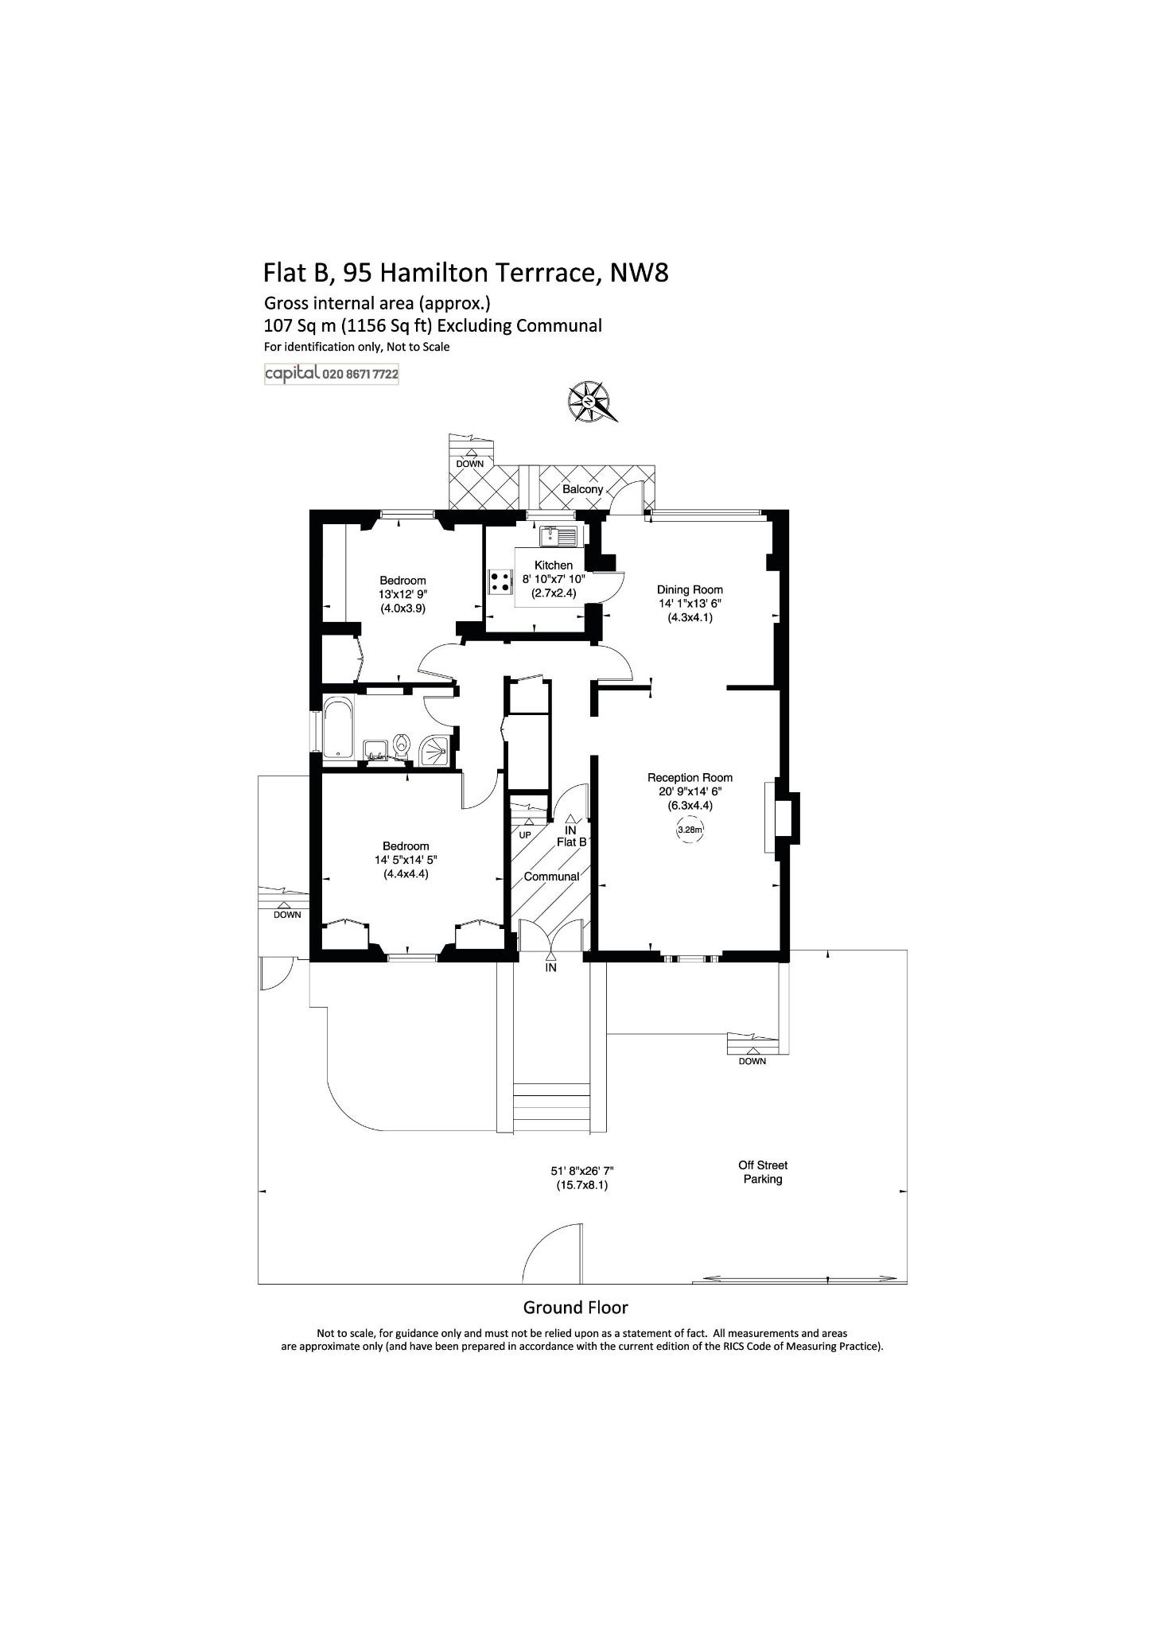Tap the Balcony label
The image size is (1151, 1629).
tap(582, 489)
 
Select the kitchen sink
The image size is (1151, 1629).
tap(558, 536)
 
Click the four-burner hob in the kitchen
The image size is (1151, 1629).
tap(500, 581)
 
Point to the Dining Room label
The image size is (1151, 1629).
tap(690, 589)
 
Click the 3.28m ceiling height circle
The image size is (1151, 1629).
tap(690, 830)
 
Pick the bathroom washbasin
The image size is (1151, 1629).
tap(375, 749)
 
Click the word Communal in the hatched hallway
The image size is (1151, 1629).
tap(551, 877)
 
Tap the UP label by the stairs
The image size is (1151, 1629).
tap(525, 835)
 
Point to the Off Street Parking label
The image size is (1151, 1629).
tap(763, 1172)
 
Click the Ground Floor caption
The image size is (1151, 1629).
tap(575, 1307)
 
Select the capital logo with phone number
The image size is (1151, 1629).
tap(332, 374)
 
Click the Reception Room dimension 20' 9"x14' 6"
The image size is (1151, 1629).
tap(690, 791)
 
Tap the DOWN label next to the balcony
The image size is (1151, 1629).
tap(470, 464)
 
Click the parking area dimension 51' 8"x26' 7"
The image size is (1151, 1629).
tap(582, 1171)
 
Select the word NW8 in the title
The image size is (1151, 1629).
tap(639, 273)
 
